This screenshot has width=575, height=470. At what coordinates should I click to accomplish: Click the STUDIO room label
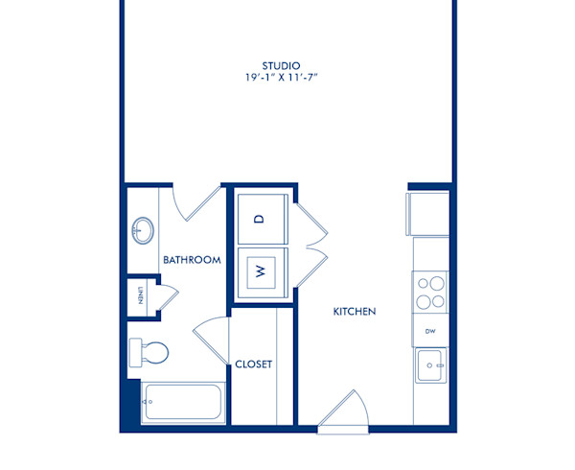[x=287, y=66]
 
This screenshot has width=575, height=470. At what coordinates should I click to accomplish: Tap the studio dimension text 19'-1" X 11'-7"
[x=287, y=79]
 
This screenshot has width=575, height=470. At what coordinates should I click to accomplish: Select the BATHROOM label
[x=192, y=260]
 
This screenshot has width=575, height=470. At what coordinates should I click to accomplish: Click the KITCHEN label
[x=354, y=312]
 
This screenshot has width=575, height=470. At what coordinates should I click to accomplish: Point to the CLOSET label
[x=254, y=364]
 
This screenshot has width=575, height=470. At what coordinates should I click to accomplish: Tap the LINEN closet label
[x=140, y=294]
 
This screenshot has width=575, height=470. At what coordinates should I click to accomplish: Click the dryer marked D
[x=259, y=218]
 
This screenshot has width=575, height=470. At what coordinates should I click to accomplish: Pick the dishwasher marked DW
[x=430, y=330]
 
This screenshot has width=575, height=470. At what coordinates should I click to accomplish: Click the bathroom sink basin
[x=144, y=230]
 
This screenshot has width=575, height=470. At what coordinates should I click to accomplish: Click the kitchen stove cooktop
[x=429, y=291]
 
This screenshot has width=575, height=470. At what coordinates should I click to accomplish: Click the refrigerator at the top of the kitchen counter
[x=428, y=213]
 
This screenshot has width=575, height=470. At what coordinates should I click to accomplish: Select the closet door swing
[x=214, y=339]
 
